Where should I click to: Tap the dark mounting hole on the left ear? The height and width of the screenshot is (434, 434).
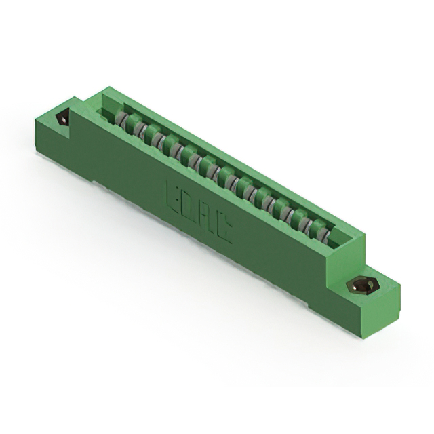coord(63,119)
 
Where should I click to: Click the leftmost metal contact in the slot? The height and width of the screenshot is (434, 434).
coord(121,121)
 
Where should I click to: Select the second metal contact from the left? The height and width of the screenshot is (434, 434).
coord(136,130)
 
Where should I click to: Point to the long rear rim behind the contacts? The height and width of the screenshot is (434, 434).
coord(231,162)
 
